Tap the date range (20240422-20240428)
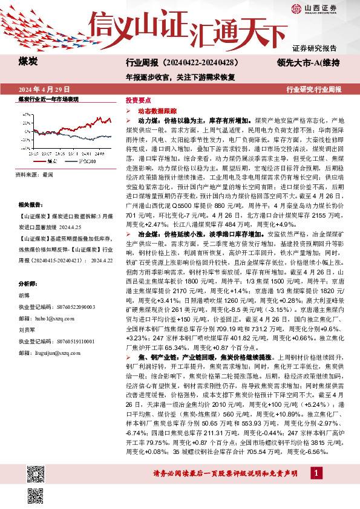coord(200,62)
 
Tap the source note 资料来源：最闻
coord(36,174)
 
